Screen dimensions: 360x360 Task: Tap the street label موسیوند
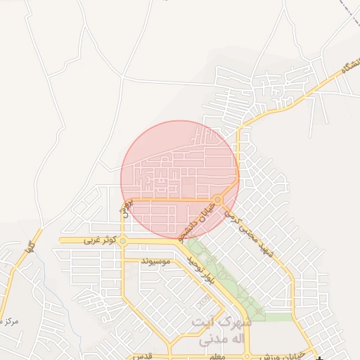(x=156, y=262)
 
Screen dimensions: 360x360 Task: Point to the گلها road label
(x=29, y=247)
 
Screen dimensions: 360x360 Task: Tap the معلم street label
(x=217, y=358)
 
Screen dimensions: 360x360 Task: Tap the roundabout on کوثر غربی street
(x=123, y=241)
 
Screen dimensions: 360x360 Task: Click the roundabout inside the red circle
(x=219, y=200)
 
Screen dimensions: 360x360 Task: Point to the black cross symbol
(x=321, y=358)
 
